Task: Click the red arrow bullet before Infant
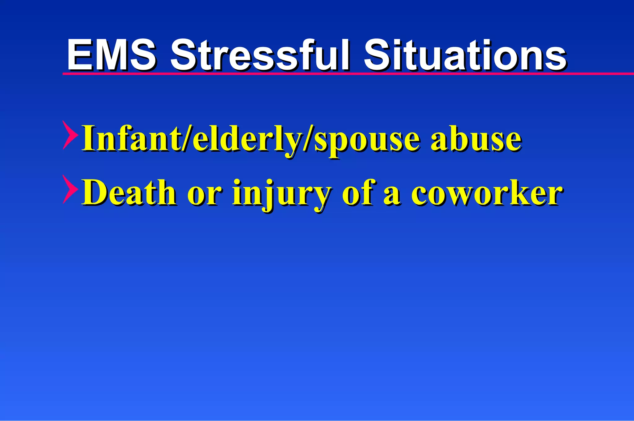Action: pos(70,135)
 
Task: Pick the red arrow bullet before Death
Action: pos(70,189)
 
